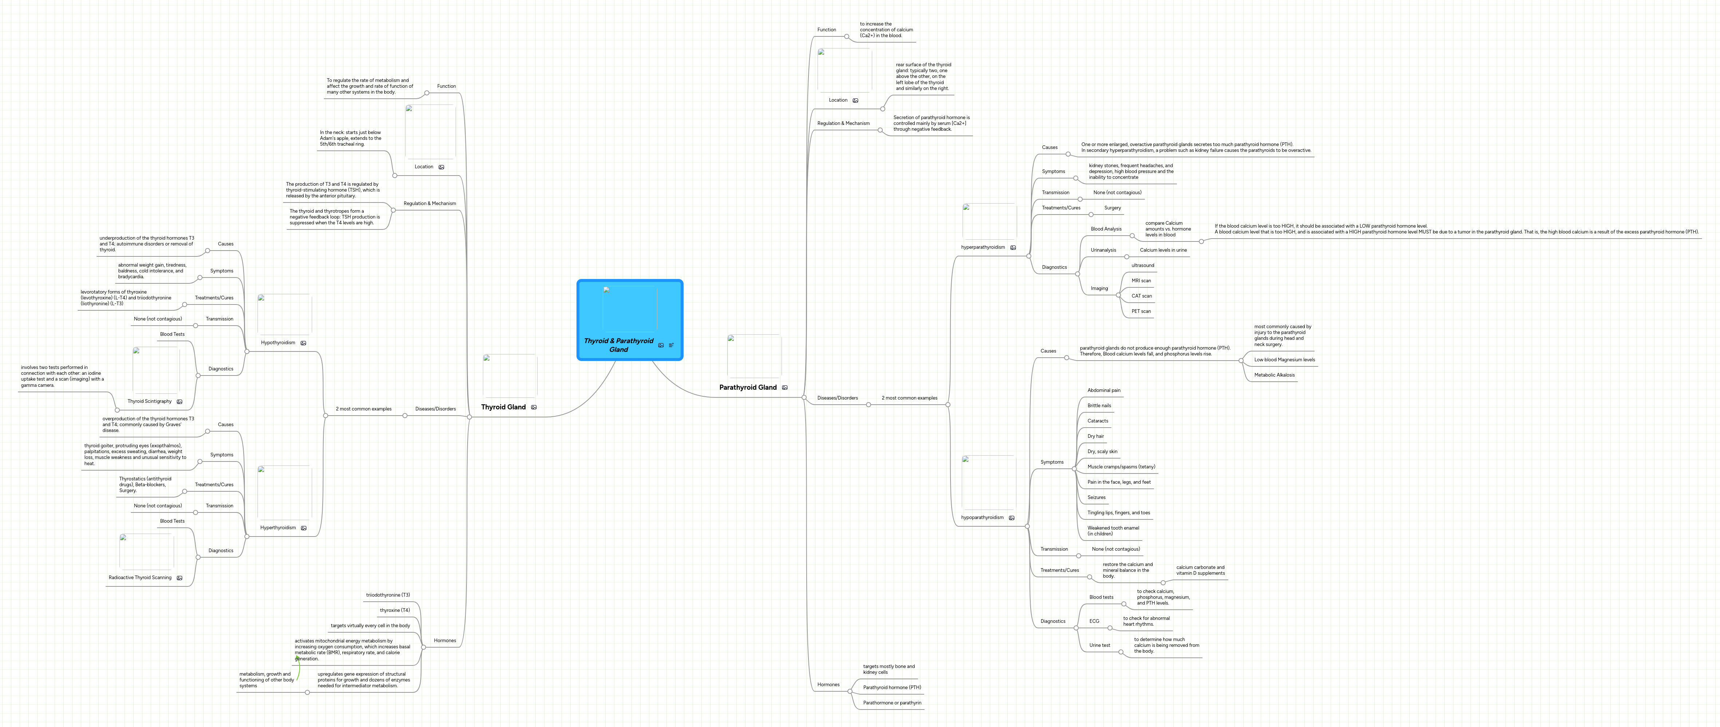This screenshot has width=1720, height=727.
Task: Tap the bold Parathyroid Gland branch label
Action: [x=747, y=387]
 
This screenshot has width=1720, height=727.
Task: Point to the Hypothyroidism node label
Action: [x=278, y=342]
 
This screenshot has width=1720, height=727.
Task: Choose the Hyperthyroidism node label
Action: [x=278, y=527]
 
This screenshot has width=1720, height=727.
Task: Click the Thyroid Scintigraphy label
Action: [x=150, y=401]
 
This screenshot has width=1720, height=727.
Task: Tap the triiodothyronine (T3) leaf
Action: [x=388, y=595]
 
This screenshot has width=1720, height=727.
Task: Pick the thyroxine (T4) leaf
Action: [x=395, y=610]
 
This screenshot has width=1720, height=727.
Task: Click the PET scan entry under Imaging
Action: [x=1141, y=311]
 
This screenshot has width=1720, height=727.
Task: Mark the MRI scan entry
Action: [x=1141, y=280]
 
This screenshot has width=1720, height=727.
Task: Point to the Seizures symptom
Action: [x=1097, y=497]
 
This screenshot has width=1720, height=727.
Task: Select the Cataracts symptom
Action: [x=1098, y=421]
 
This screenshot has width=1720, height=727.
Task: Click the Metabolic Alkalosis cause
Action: [x=1274, y=374]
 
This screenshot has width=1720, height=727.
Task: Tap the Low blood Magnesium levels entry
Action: [x=1284, y=360]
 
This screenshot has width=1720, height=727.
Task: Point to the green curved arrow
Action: [x=298, y=668]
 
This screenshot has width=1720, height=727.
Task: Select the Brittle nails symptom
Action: [x=1099, y=405]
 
